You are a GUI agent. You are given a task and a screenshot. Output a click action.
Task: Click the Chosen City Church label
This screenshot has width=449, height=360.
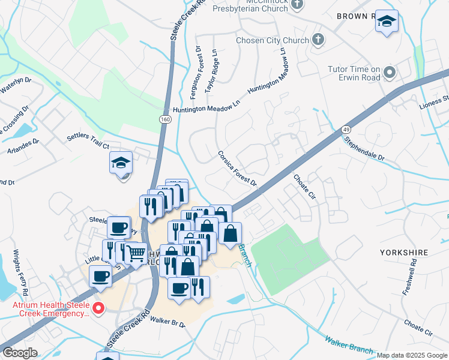point(271,40)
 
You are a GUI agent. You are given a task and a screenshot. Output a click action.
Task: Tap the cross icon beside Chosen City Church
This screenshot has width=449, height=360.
point(318,40)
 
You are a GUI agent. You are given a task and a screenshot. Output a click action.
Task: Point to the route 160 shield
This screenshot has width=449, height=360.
point(164,121)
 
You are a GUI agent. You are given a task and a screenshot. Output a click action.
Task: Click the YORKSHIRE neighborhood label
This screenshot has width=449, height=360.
point(402,253)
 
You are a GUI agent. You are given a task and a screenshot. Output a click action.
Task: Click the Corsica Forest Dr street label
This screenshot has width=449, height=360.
point(237,169)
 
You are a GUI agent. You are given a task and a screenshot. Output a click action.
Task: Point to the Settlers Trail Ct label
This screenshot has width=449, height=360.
point(88,141)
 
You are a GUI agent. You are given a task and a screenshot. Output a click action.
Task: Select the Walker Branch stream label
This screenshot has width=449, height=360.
point(348,346)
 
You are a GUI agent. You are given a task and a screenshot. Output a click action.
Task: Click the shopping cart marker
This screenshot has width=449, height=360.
point(136,255)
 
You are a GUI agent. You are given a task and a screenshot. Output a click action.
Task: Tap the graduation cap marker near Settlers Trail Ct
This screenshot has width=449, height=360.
point(121,163)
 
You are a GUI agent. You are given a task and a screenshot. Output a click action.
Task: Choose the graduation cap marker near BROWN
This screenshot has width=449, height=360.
point(387,22)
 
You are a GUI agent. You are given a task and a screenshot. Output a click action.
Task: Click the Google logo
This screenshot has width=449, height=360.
point(20,353)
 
